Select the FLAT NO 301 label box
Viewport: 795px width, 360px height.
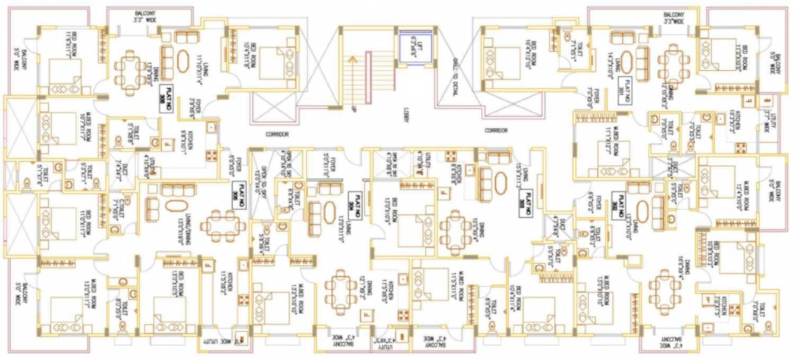coord(624,94)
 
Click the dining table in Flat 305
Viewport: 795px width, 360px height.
coord(224,226)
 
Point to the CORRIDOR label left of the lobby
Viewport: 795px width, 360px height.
coord(277,135)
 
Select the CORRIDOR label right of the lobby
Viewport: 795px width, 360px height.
coord(496,130)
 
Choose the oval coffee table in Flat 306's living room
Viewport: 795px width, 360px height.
coord(184,62)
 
